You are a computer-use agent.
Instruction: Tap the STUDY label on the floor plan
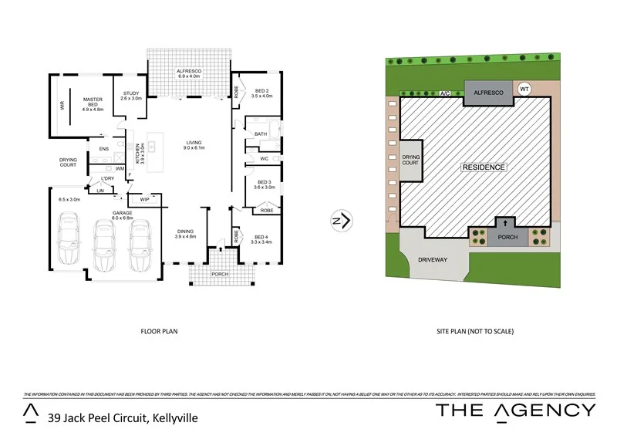(131, 95)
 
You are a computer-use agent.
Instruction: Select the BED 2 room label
(262, 92)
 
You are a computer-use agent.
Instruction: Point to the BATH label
(260, 134)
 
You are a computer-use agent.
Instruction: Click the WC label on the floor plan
(263, 159)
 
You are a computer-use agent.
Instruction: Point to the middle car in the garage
(104, 245)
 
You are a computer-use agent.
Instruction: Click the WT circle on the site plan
(524, 89)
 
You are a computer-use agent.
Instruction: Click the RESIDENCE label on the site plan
(484, 167)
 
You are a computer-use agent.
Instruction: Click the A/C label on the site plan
(444, 94)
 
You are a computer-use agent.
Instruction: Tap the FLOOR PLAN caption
(159, 332)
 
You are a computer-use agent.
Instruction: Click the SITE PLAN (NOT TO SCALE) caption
(475, 332)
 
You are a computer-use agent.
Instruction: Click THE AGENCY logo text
(515, 410)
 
